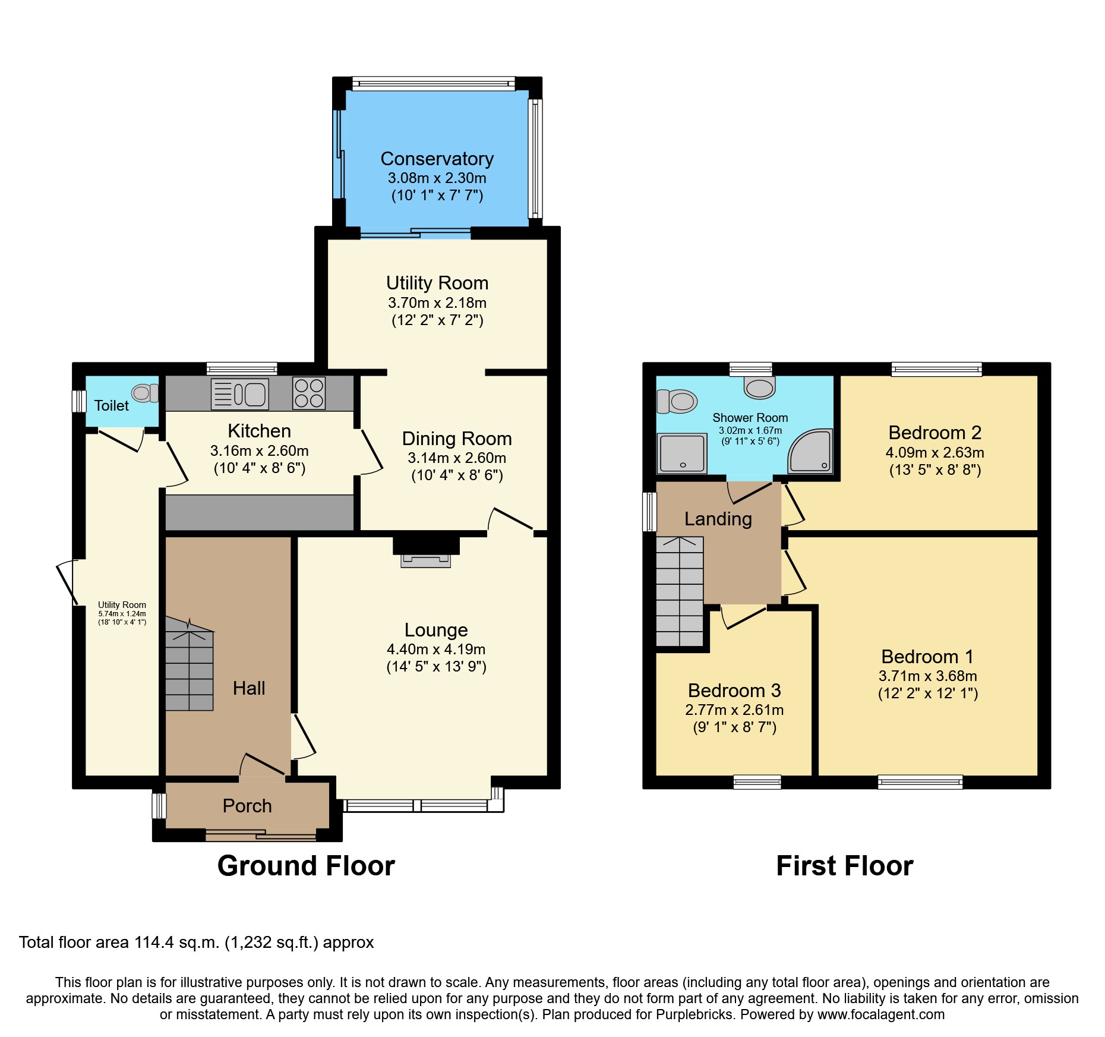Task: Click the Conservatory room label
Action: coord(437,159)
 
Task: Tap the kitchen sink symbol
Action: coord(240,394)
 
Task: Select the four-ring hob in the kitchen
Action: coord(309,393)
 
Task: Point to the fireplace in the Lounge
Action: coord(426,553)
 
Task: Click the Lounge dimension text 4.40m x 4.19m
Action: coord(436,649)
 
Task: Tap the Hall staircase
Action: coord(189,669)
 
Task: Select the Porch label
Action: coord(247,806)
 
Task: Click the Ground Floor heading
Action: coord(306,866)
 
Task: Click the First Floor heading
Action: coord(844,866)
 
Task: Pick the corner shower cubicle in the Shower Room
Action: coord(812,452)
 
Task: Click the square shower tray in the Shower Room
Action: coord(682,453)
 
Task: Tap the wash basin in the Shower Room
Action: coord(759,387)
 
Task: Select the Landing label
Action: coord(718,519)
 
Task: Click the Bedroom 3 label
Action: coord(734,691)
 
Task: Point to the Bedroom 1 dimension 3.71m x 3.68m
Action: coord(927,676)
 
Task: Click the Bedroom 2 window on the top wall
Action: coord(936,370)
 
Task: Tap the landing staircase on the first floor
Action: coord(680,592)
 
